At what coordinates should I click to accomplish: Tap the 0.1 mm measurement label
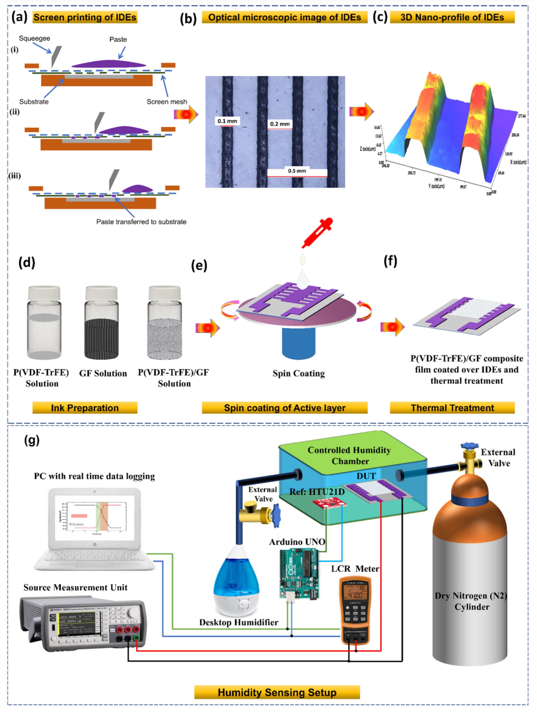pyautogui.click(x=227, y=121)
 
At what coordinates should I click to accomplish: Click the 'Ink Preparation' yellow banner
pyautogui.click(x=85, y=408)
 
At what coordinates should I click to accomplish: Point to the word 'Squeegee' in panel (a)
pyautogui.click(x=35, y=38)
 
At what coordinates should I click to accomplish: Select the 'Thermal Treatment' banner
pyautogui.click(x=452, y=408)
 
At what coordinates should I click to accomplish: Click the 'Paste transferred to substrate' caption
pyautogui.click(x=141, y=222)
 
